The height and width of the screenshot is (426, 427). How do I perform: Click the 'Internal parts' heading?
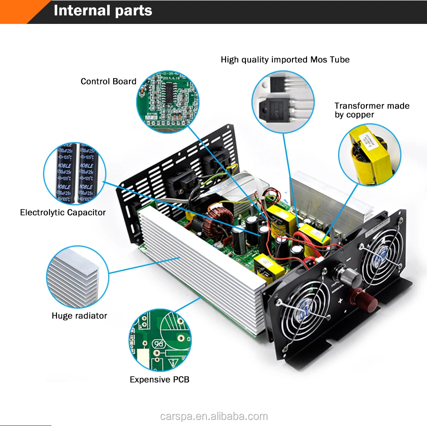pos(102,10)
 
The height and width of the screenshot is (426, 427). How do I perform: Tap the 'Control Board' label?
pos(108,82)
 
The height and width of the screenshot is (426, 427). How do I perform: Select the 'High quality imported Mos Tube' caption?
pos(285,60)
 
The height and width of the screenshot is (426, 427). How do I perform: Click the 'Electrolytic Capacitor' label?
pos(63,212)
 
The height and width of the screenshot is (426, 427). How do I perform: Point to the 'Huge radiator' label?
pos(79,316)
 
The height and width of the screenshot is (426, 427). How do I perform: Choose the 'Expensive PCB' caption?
pos(159,379)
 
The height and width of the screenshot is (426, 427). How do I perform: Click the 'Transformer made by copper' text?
pos(371,110)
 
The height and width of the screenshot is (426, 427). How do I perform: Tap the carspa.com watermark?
pos(213,416)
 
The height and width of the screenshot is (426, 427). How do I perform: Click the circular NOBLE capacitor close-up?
pos(75,173)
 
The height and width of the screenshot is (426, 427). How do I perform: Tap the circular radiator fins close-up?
pos(77,276)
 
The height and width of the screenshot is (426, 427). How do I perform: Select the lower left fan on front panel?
pos(304,307)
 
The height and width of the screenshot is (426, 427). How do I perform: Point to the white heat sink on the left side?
pos(201,273)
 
